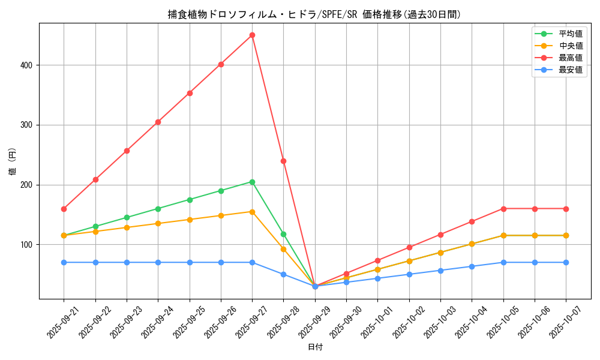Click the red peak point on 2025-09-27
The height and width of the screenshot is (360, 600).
tap(252, 35)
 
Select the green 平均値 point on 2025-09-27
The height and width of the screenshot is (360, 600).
tap(252, 182)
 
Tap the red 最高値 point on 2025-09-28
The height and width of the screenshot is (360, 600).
tap(283, 161)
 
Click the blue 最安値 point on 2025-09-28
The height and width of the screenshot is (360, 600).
tap(283, 274)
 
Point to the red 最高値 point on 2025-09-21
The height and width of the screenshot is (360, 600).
tap(64, 209)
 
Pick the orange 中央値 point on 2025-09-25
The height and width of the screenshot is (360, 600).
tap(190, 220)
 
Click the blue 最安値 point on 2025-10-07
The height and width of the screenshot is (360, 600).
tap(566, 262)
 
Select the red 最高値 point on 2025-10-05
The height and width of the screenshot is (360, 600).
tap(503, 209)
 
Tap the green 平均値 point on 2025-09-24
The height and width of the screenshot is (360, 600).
tap(158, 209)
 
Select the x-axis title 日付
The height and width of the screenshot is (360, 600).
tap(315, 347)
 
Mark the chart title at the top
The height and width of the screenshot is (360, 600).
tap(315, 14)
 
